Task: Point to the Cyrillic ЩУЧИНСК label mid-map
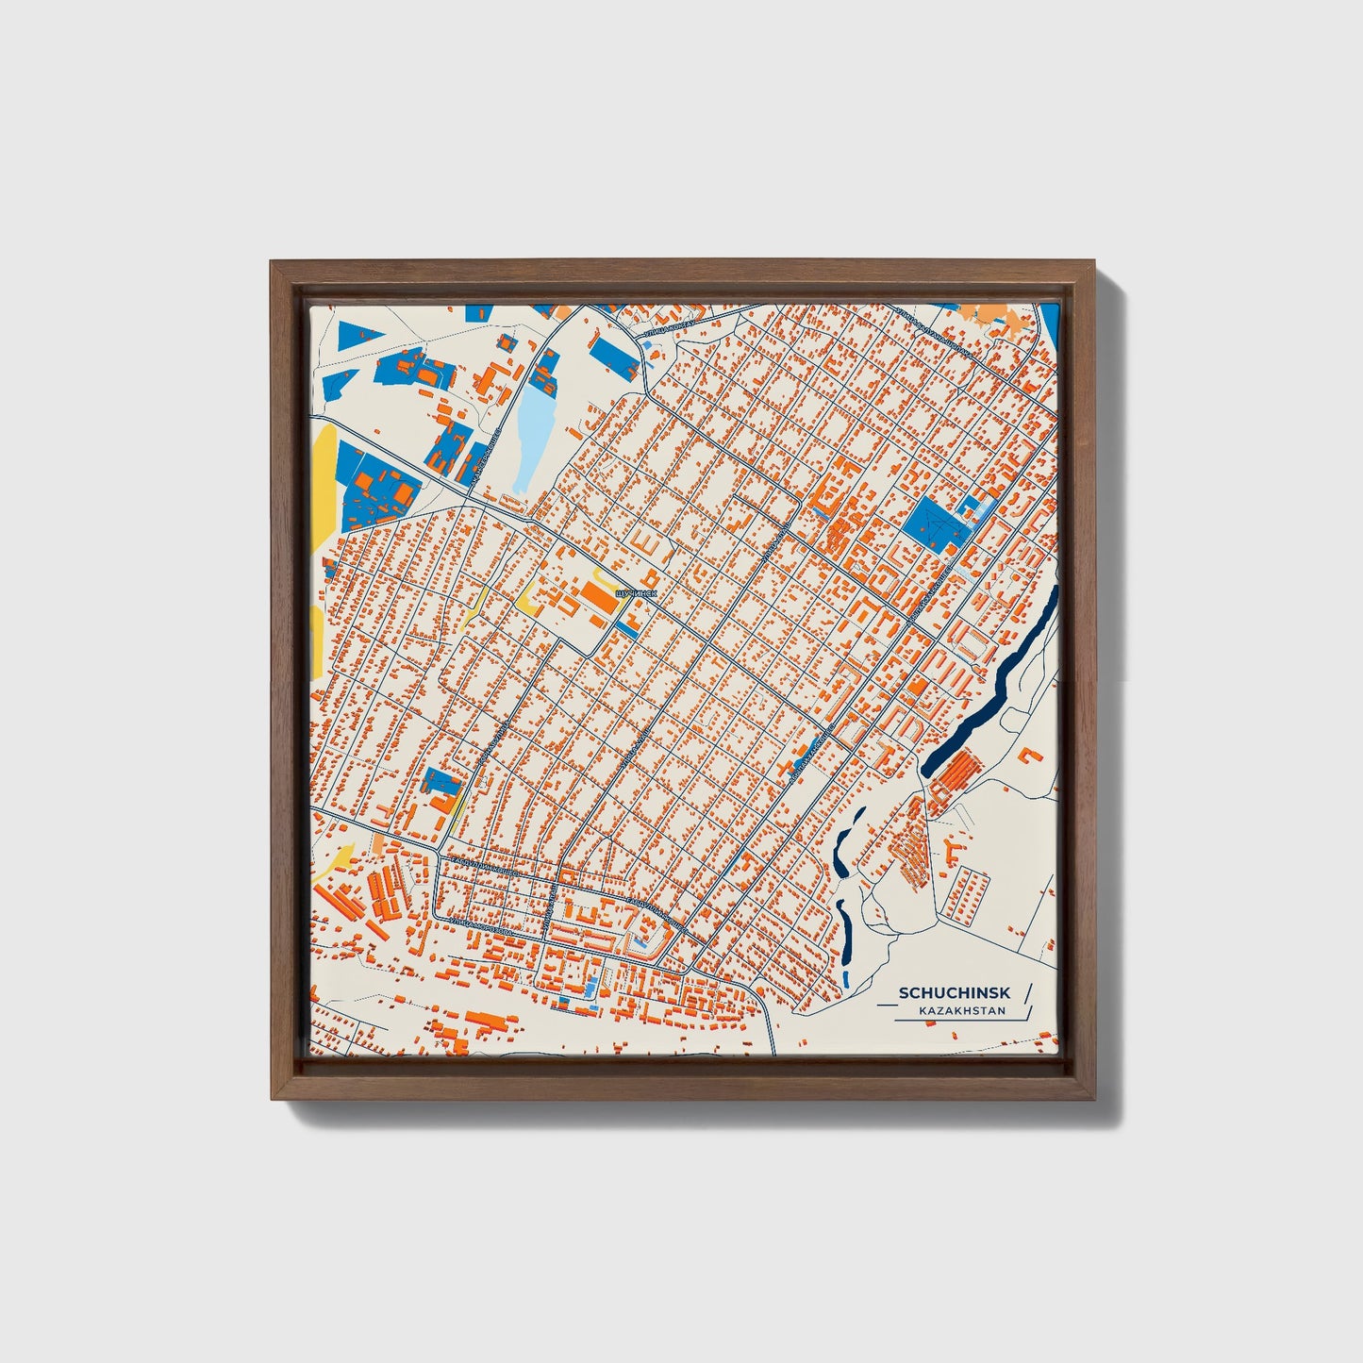(x=635, y=594)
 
